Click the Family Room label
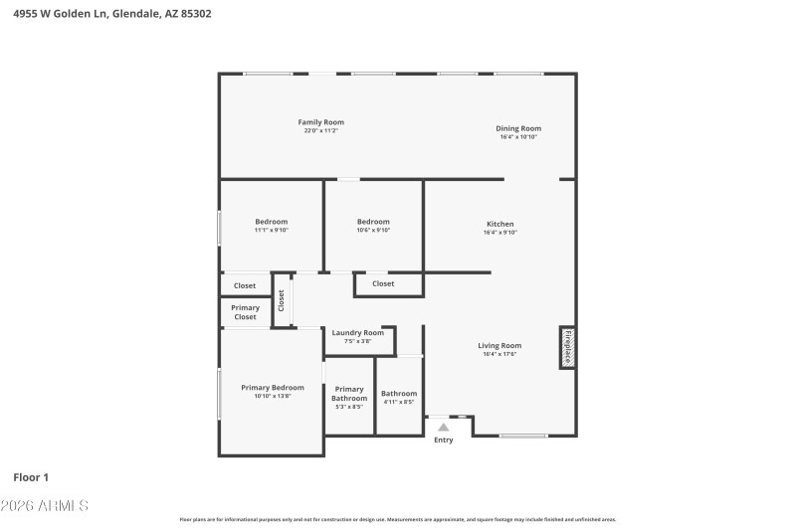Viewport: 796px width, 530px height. click(x=321, y=122)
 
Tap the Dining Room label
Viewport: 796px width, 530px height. click(x=518, y=128)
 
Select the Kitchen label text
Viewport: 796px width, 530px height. click(x=499, y=224)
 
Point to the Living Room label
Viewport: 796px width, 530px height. click(x=499, y=346)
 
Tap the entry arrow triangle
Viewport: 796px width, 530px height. click(x=444, y=428)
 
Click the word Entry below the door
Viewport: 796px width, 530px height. click(x=444, y=441)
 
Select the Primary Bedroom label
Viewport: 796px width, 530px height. click(x=272, y=388)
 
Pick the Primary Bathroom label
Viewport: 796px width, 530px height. click(x=349, y=394)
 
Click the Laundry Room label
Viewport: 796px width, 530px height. click(x=357, y=333)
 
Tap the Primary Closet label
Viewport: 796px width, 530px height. click(x=245, y=312)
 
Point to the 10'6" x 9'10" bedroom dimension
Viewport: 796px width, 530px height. click(x=373, y=231)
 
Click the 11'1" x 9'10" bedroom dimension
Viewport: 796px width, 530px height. click(x=271, y=231)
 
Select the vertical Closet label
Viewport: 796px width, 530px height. click(x=282, y=299)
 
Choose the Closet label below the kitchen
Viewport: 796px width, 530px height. click(x=383, y=284)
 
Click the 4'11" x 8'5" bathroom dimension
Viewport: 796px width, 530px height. click(x=399, y=403)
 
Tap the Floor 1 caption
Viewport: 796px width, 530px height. click(x=31, y=477)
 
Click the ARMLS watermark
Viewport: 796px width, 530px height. click(x=46, y=506)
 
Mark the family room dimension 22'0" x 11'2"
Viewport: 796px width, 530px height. click(x=321, y=131)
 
